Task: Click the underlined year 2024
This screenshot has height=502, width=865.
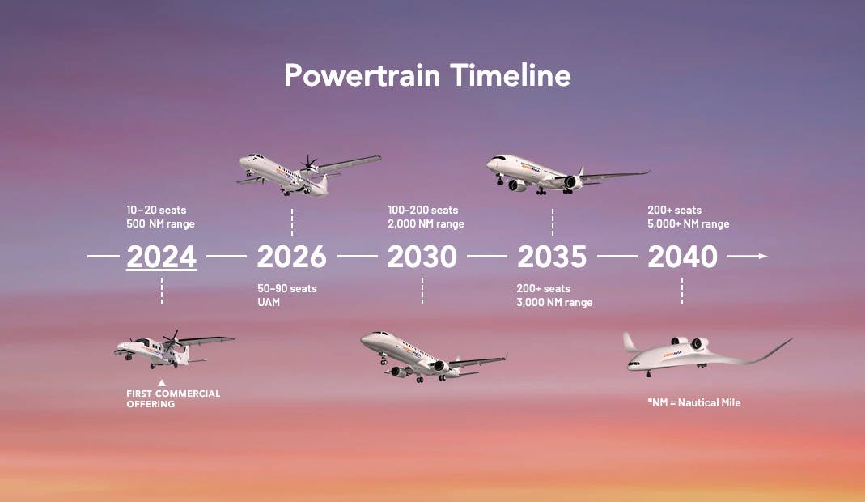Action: click(x=162, y=257)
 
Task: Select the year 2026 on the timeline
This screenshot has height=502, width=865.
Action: click(x=292, y=257)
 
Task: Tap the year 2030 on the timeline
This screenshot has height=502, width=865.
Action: click(x=422, y=257)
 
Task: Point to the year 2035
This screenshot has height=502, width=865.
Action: click(x=552, y=257)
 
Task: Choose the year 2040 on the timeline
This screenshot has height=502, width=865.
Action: click(x=682, y=257)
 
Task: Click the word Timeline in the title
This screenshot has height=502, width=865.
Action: click(x=511, y=75)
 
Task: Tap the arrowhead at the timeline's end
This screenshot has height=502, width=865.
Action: click(x=762, y=256)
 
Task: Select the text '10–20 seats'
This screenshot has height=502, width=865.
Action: click(x=156, y=210)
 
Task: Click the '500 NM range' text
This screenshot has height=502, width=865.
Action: click(x=160, y=223)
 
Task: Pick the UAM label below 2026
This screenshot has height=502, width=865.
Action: click(x=269, y=302)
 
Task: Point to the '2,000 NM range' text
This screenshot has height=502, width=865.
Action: click(x=426, y=223)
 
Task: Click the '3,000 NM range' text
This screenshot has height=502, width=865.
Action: click(x=554, y=302)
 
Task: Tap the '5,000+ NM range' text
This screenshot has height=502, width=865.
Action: click(x=689, y=223)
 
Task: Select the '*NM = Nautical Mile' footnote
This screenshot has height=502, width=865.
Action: click(x=694, y=402)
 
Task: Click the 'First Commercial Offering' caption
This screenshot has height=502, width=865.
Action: click(x=173, y=398)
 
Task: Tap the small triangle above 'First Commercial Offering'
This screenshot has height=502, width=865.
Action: click(x=162, y=383)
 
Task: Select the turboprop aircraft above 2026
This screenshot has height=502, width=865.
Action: click(x=309, y=175)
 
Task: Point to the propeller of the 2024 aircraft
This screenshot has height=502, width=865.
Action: click(x=173, y=339)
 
